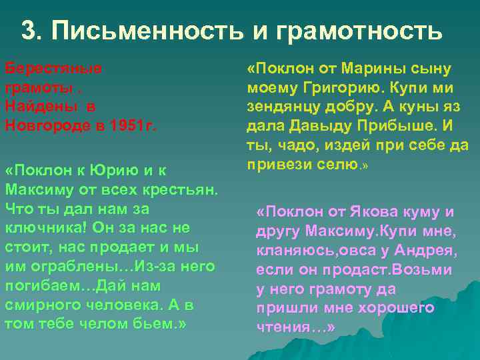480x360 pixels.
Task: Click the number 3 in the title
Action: [x=29, y=30]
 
